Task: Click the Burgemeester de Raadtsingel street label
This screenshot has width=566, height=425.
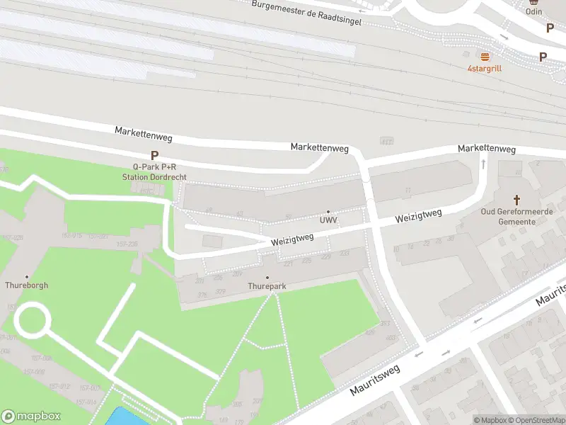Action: point(307,13)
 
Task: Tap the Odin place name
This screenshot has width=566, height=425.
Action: point(534,11)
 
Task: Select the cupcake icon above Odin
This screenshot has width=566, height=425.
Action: point(534,1)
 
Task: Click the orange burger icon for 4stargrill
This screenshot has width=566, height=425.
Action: point(485,57)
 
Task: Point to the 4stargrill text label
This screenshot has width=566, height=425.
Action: point(485,69)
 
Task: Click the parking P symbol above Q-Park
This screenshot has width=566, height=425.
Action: point(154,156)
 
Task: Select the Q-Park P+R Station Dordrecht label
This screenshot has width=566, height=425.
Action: point(154,171)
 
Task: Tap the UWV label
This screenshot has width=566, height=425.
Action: point(328,220)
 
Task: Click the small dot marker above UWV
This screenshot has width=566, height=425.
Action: point(328,211)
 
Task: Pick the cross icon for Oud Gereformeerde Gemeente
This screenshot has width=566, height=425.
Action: point(516,200)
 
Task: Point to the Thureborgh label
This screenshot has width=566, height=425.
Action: point(27,285)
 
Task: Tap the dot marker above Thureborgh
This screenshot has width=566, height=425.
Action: point(27,276)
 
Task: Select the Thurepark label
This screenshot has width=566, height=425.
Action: point(267,286)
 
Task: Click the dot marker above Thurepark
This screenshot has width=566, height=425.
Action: point(267,277)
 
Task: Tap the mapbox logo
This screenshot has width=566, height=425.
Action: point(30,416)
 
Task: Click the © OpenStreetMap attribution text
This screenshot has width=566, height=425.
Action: point(535,420)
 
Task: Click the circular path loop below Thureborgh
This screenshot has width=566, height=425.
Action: point(33,319)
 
